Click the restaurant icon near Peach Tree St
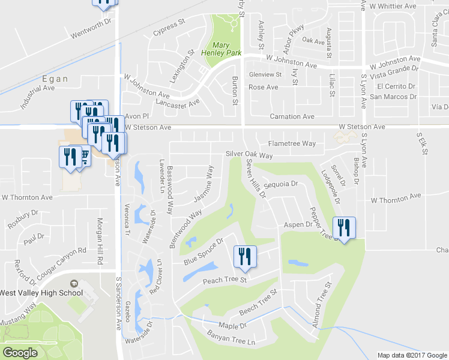[246, 257]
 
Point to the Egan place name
[55, 79]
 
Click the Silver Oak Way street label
[249, 155]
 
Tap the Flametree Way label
[292, 143]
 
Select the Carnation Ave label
[292, 116]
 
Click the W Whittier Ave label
[393, 6]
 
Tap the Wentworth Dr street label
[92, 28]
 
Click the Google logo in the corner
[20, 353]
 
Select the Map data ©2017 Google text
[412, 355]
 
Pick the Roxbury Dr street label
[23, 219]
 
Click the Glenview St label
[265, 74]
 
